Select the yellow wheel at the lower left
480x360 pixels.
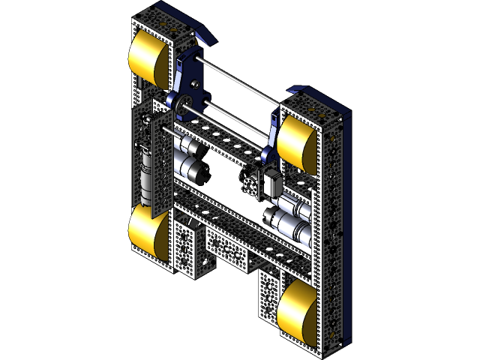coord(148,232)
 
